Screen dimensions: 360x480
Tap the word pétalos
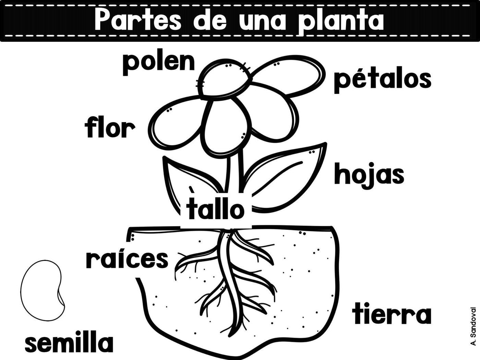382,80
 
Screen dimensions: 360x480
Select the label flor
110,128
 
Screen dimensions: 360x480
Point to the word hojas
369,175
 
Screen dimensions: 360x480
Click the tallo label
216,209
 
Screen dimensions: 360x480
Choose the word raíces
127,259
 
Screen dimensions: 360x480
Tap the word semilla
69,343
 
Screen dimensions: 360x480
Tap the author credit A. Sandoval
473,326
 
